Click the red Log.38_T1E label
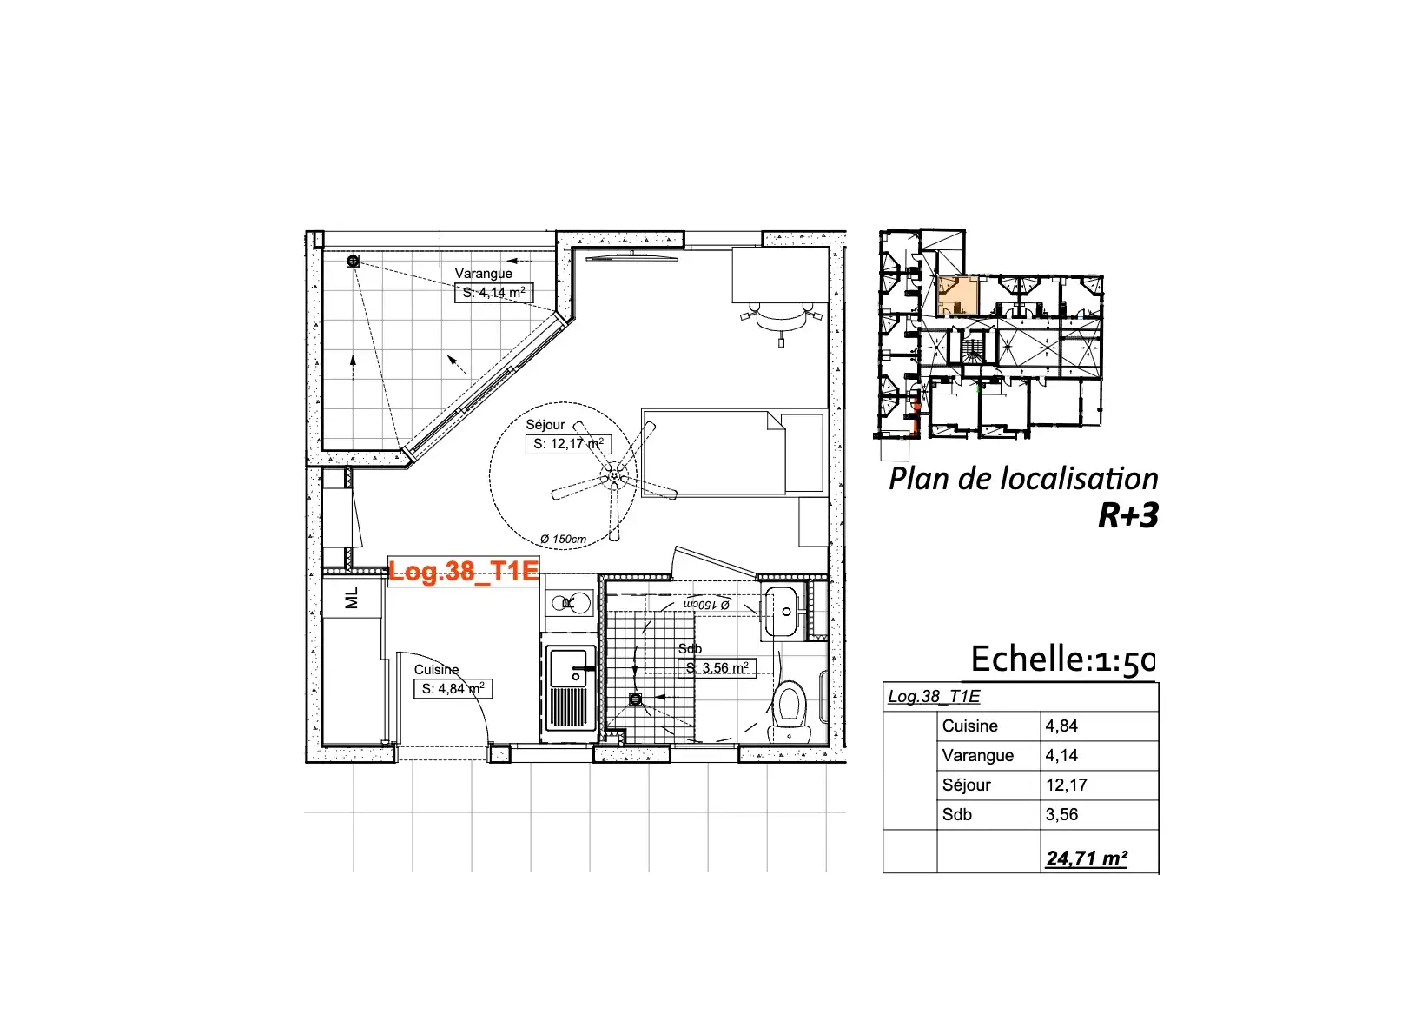pyautogui.click(x=464, y=571)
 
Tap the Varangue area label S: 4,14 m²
pyautogui.click(x=493, y=293)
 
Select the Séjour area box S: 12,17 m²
pyautogui.click(x=568, y=444)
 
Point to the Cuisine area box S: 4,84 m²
pyautogui.click(x=453, y=689)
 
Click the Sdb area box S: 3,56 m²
pyautogui.click(x=717, y=668)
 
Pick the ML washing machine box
pyautogui.click(x=352, y=598)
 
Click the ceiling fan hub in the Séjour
pyautogui.click(x=615, y=474)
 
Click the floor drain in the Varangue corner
pyautogui.click(x=353, y=261)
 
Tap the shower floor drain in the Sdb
pyautogui.click(x=635, y=699)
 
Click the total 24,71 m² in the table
pyautogui.click(x=1087, y=858)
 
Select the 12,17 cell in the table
pyautogui.click(x=1067, y=785)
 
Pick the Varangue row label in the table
pyautogui.click(x=978, y=755)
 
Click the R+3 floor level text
pyautogui.click(x=1127, y=515)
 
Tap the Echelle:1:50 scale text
pyautogui.click(x=1062, y=660)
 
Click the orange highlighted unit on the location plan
pyautogui.click(x=957, y=295)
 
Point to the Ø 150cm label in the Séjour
pyautogui.click(x=563, y=539)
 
